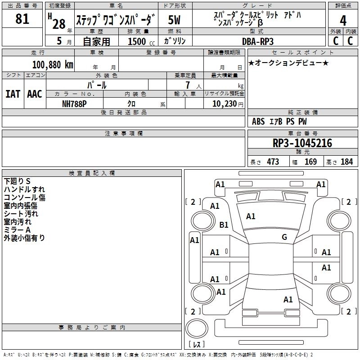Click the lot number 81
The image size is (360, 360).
tap(22, 19)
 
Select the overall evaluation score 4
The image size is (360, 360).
tap(343, 21)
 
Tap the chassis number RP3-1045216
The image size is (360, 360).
tap(302, 143)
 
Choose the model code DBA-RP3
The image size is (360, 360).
tap(257, 41)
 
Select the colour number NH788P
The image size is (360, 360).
tap(75, 103)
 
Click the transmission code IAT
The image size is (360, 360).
tap(13, 94)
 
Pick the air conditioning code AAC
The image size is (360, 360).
tap(35, 94)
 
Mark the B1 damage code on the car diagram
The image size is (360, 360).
tap(223, 225)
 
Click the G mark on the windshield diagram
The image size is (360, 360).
tap(284, 237)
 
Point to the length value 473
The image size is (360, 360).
tap(273, 162)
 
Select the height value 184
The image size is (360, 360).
tap(346, 162)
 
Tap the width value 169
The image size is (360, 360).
tap(310, 162)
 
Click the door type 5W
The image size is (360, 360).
tap(176, 21)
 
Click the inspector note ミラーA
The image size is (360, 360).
tap(17, 230)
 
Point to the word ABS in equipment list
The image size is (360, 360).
tap(258, 121)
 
